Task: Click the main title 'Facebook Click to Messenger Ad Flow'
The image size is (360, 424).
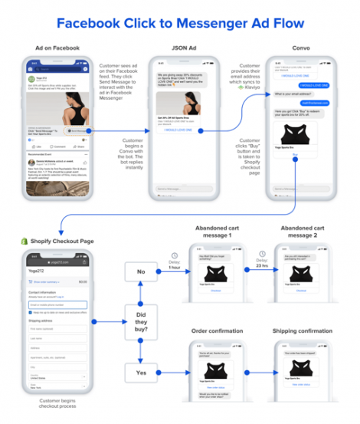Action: click(179, 23)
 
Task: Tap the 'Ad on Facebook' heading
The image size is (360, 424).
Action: click(57, 48)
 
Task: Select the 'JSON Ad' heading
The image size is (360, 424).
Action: click(182, 48)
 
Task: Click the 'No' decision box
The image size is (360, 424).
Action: click(141, 271)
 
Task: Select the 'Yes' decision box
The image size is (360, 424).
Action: click(141, 373)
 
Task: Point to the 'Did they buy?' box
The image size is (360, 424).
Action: click(141, 321)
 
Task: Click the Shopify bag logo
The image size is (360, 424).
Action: click(24, 241)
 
